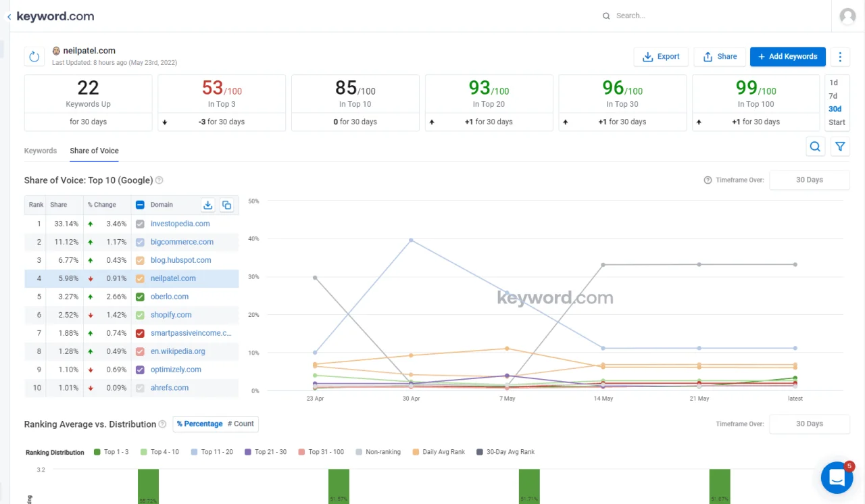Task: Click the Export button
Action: (661, 57)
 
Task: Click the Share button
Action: (720, 57)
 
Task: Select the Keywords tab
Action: (41, 151)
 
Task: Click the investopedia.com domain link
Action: (180, 224)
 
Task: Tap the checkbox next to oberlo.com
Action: (140, 297)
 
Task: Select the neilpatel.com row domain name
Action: (173, 278)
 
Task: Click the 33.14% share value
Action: (66, 224)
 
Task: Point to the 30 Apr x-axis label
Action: (411, 399)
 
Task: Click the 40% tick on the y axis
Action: (253, 238)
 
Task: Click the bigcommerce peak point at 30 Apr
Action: (411, 240)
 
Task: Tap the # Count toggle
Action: (241, 424)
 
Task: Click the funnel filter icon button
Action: (840, 147)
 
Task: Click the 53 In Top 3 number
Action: (212, 88)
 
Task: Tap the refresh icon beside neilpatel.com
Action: (34, 57)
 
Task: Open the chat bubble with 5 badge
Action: (837, 477)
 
